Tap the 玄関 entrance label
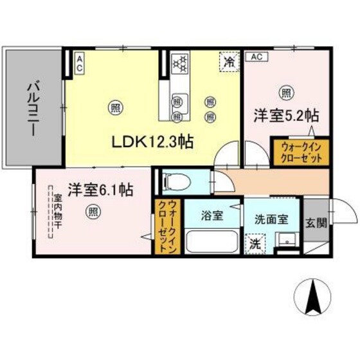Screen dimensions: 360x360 (316, 222)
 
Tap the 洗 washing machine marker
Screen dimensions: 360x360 (255, 244)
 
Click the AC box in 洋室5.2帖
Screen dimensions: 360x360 (255, 57)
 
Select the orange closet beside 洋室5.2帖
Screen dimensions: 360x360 (300, 152)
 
